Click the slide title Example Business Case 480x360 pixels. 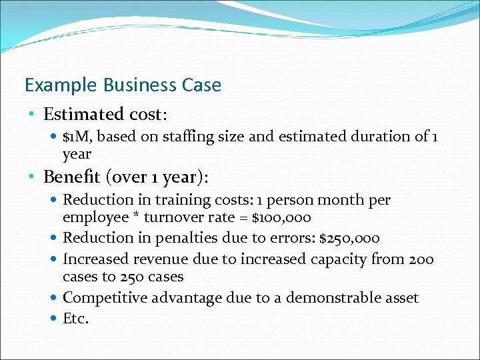tap(123, 85)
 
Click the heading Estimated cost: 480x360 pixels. tap(105, 115)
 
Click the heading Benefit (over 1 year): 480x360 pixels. tap(126, 177)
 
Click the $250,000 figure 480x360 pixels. tap(349, 238)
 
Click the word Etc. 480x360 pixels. tap(75, 318)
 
